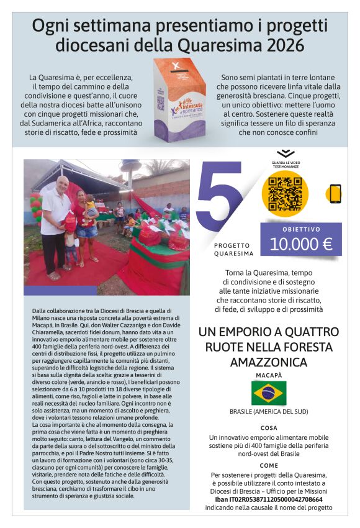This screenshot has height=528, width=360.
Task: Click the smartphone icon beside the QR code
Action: tap(335, 194)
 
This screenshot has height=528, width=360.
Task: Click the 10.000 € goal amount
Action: tap(301, 243)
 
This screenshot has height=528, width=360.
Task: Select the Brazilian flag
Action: tap(269, 393)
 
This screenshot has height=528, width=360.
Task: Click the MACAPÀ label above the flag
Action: tap(269, 376)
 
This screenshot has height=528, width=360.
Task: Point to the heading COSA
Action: tap(269, 428)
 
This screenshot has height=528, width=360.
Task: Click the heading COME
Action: tap(269, 465)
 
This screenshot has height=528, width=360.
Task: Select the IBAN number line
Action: tap(269, 499)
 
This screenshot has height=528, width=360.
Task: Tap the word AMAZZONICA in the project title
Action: tap(269, 362)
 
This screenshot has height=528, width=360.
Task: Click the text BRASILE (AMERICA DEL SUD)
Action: tap(269, 412)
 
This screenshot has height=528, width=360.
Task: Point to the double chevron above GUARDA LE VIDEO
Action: tap(285, 153)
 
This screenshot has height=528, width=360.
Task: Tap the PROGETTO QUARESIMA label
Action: tap(233, 249)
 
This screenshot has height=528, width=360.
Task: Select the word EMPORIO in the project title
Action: tap(251, 332)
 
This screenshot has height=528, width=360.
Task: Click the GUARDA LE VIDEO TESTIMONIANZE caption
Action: tap(285, 165)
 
